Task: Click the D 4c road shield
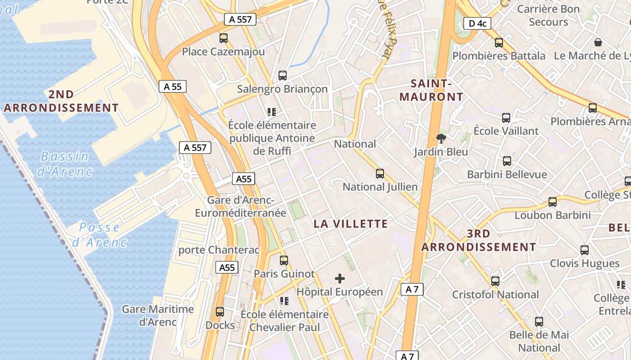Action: (477, 23)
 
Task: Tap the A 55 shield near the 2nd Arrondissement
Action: (173, 86)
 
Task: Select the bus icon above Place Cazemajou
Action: (224, 38)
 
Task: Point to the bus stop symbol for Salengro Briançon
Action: (283, 76)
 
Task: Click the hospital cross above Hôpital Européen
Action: (340, 279)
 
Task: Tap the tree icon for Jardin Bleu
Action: (441, 139)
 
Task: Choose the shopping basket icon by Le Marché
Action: (598, 42)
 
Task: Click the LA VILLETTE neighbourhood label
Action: (351, 224)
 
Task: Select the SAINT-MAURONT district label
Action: (431, 90)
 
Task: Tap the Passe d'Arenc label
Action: (99, 234)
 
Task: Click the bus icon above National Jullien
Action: (380, 173)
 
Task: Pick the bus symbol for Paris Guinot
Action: (284, 260)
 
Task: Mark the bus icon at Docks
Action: (220, 311)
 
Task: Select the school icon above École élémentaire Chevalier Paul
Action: (284, 301)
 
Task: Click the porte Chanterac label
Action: (219, 250)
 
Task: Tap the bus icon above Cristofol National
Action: (495, 281)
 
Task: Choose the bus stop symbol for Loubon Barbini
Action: (553, 202)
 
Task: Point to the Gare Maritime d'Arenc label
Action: (158, 315)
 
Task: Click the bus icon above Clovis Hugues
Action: (585, 250)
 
